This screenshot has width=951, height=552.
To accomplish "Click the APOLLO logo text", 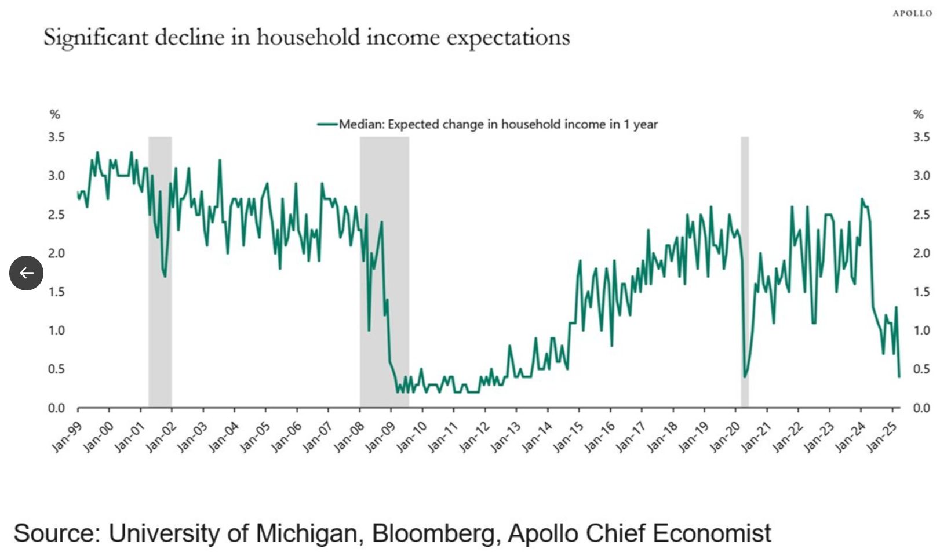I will click(912, 13).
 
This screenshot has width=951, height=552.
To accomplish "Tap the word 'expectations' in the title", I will click(508, 38).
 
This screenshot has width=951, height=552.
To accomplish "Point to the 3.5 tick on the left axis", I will click(56, 137).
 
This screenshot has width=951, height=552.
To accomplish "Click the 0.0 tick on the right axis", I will click(921, 408).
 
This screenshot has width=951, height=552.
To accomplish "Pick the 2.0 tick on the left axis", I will click(56, 253).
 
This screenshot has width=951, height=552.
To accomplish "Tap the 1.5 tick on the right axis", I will click(921, 292).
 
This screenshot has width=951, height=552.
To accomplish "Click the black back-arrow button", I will click(26, 273).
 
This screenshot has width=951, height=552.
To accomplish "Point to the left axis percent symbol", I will click(55, 114).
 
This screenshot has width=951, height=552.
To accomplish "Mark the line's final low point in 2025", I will click(899, 377).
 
